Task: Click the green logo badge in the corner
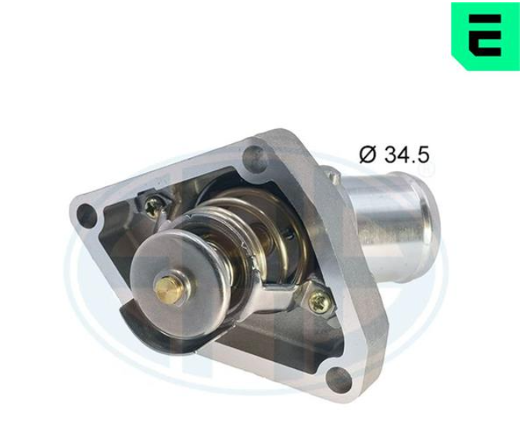pyautogui.click(x=485, y=36)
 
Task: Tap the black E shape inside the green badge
pyautogui.click(x=485, y=35)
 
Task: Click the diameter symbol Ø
pyautogui.click(x=367, y=155)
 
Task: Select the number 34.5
pyautogui.click(x=406, y=155)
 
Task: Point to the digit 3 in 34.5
pyautogui.click(x=390, y=155)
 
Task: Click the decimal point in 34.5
pyautogui.click(x=414, y=162)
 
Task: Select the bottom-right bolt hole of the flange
pyautogui.click(x=338, y=378)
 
